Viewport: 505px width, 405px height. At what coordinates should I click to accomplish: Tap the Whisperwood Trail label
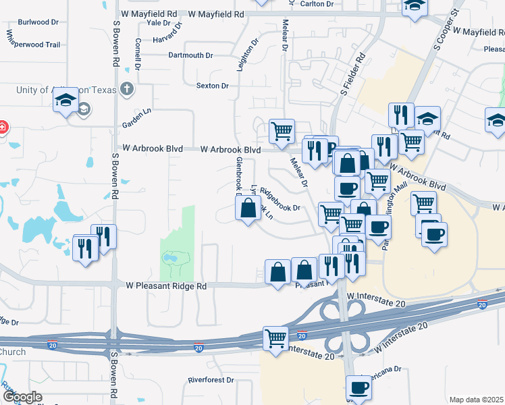(34, 45)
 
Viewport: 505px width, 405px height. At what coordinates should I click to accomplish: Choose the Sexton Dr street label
(213, 86)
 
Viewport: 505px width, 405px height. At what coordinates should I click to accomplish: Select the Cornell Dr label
(138, 53)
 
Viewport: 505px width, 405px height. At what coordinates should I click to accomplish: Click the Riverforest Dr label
(209, 380)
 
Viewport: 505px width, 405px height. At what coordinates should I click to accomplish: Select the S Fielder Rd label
(352, 75)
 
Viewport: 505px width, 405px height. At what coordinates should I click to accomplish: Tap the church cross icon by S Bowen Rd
(126, 89)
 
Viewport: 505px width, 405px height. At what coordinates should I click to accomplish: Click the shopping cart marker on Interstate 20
(275, 337)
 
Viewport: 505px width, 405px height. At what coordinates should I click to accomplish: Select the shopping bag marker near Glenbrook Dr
(248, 208)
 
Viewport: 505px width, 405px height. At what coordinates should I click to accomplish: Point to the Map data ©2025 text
(477, 400)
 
